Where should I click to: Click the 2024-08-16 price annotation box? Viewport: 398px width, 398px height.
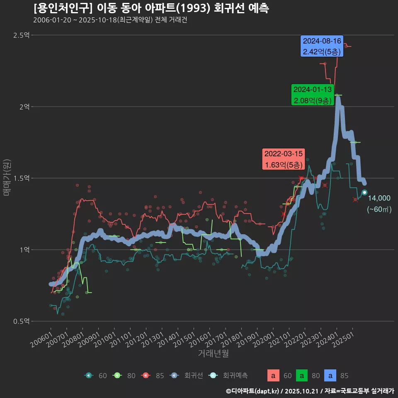(x=322, y=46)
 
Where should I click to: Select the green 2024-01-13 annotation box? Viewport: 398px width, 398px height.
(x=312, y=95)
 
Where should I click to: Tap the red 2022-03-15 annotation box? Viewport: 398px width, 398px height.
(x=284, y=159)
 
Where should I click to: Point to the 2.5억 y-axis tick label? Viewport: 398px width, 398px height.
(x=21, y=35)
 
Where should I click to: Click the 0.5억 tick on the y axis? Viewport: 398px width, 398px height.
(x=21, y=321)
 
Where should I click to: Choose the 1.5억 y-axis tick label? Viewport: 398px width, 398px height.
(x=21, y=178)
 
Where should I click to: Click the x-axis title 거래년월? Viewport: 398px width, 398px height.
(x=214, y=354)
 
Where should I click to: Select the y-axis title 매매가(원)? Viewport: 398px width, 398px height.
(x=7, y=177)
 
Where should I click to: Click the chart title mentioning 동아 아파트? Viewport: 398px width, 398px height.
(x=151, y=8)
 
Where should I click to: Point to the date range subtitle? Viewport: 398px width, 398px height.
(x=110, y=20)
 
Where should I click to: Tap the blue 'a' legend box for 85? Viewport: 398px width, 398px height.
(x=330, y=376)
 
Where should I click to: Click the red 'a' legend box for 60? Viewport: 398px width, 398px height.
(x=273, y=376)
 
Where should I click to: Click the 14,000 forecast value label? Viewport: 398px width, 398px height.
(x=379, y=198)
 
